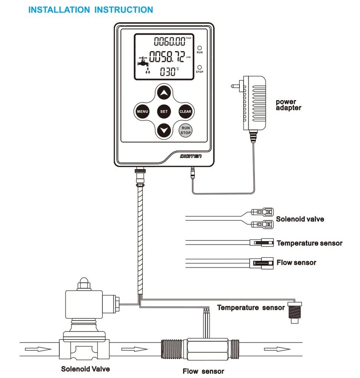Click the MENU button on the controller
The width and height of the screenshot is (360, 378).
(142, 112)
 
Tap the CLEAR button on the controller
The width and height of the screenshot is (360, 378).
(185, 112)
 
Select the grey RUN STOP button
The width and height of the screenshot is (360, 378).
(185, 130)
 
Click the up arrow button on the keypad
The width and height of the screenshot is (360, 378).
(164, 92)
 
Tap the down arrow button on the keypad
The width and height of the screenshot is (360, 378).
(164, 131)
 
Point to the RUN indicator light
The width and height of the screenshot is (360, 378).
(199, 48)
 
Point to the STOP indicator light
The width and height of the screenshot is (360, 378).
(199, 67)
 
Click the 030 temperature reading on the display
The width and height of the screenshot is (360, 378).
(167, 71)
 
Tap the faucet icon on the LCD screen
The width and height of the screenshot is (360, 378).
(142, 62)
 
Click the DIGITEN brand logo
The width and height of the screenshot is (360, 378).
(191, 155)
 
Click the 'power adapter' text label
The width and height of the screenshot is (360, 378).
(288, 105)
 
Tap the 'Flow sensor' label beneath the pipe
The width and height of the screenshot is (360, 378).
(203, 371)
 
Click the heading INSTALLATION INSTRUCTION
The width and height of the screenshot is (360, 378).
(91, 10)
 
